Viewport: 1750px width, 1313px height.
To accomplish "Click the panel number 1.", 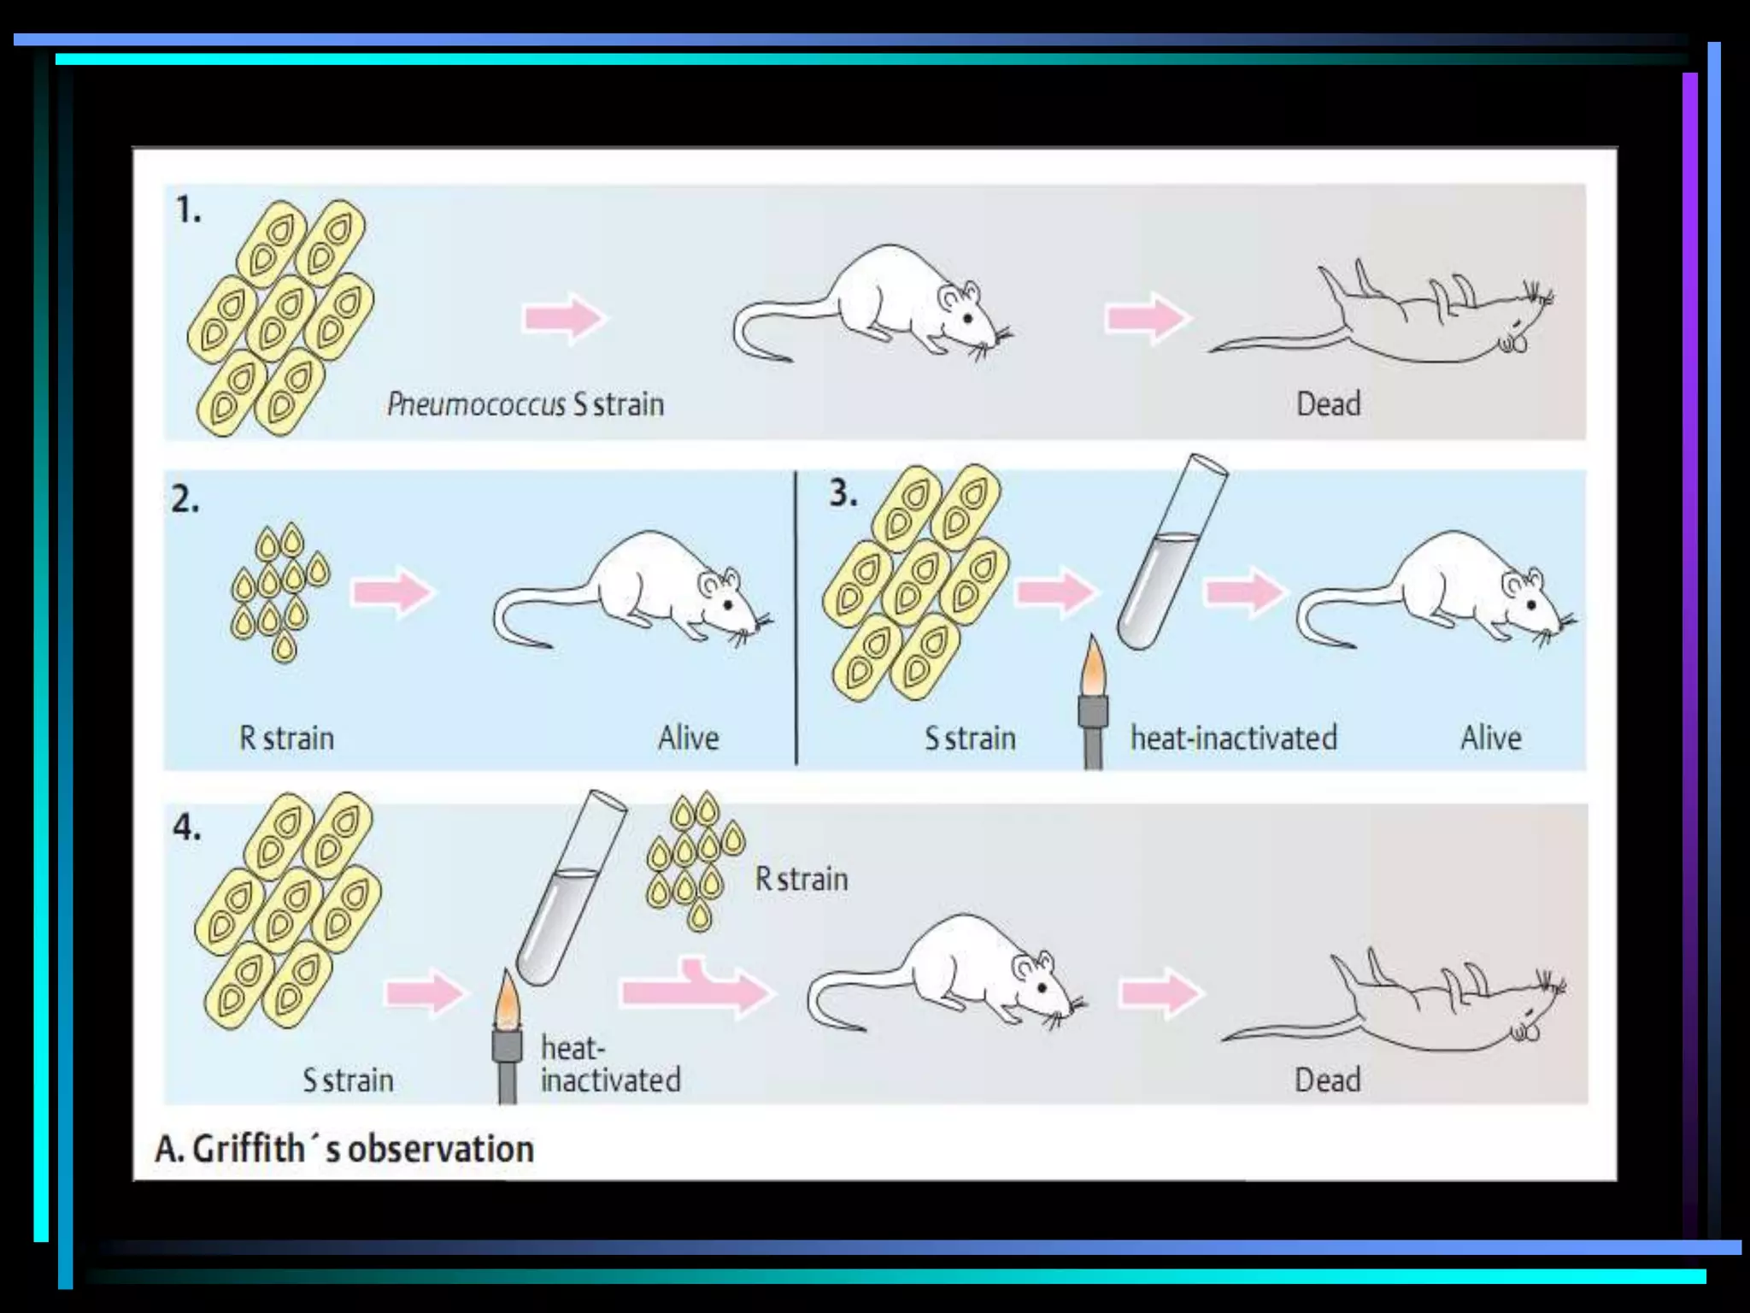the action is (x=187, y=210).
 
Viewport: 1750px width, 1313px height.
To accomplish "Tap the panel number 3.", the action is (x=843, y=494).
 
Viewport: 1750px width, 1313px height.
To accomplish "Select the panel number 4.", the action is (x=187, y=827).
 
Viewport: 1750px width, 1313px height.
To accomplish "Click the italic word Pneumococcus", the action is (x=476, y=404).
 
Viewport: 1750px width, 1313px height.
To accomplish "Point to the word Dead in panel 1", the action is (x=1328, y=404).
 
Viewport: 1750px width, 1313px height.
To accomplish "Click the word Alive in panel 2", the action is (x=688, y=738).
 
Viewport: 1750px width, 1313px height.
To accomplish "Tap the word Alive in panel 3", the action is (x=1490, y=738).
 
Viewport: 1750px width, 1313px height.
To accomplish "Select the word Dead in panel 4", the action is (x=1327, y=1080).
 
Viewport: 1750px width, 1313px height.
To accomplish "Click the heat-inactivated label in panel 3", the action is (x=1233, y=738).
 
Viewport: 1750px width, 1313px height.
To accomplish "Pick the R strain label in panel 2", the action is (x=286, y=738).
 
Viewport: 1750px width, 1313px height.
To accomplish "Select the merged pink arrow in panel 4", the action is (x=696, y=989).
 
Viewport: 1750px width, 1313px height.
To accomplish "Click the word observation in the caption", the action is (x=441, y=1149).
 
